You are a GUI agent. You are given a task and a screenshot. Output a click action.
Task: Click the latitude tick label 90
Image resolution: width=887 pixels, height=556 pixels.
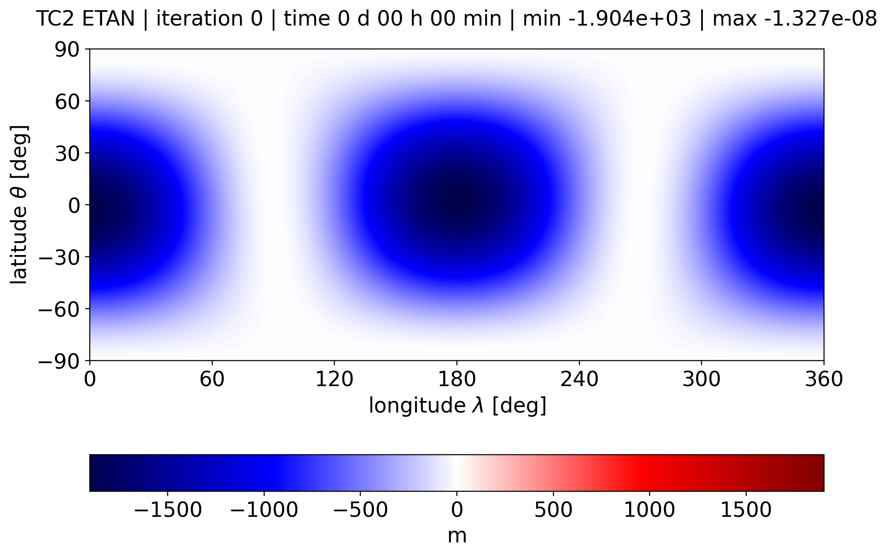67,50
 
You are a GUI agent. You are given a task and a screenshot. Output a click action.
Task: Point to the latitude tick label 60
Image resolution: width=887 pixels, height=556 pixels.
67,102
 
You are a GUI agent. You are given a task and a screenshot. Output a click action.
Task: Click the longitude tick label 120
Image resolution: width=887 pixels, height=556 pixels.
334,379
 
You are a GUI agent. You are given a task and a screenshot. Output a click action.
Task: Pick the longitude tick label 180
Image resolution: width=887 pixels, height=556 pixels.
457,379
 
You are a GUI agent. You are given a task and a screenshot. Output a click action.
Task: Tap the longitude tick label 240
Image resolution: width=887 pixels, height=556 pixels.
579,379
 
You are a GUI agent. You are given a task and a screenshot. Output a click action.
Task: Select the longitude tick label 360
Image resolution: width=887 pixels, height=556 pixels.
824,379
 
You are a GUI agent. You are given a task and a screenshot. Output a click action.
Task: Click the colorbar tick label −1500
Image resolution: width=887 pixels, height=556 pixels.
168,510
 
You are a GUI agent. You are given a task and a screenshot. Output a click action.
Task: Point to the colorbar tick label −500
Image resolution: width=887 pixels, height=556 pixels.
360,510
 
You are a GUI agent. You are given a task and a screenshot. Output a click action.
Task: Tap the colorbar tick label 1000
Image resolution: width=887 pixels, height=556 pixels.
650,510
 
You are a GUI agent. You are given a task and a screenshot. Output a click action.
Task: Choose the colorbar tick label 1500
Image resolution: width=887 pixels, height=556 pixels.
746,510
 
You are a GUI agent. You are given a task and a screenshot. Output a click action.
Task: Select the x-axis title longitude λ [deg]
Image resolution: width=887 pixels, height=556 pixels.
457,405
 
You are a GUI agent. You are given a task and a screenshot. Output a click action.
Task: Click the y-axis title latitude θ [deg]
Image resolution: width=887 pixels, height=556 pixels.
19,205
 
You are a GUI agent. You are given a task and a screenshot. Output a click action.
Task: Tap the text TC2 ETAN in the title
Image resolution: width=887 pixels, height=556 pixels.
86,19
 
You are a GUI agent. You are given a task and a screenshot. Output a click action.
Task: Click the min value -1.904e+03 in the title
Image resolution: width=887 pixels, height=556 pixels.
607,19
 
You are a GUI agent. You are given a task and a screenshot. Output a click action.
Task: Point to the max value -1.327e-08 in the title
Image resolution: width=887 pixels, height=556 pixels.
794,19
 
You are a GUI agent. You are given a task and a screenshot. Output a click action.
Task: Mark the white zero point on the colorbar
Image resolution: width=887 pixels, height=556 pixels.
457,473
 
